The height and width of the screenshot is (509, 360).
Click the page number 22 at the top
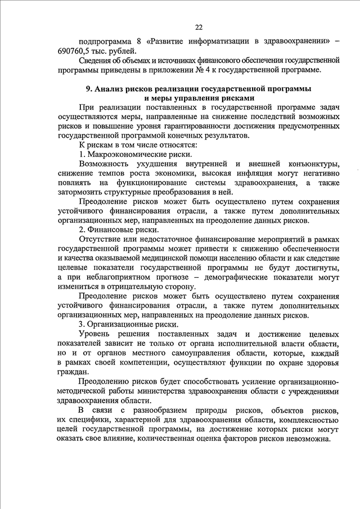(x=199, y=27)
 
